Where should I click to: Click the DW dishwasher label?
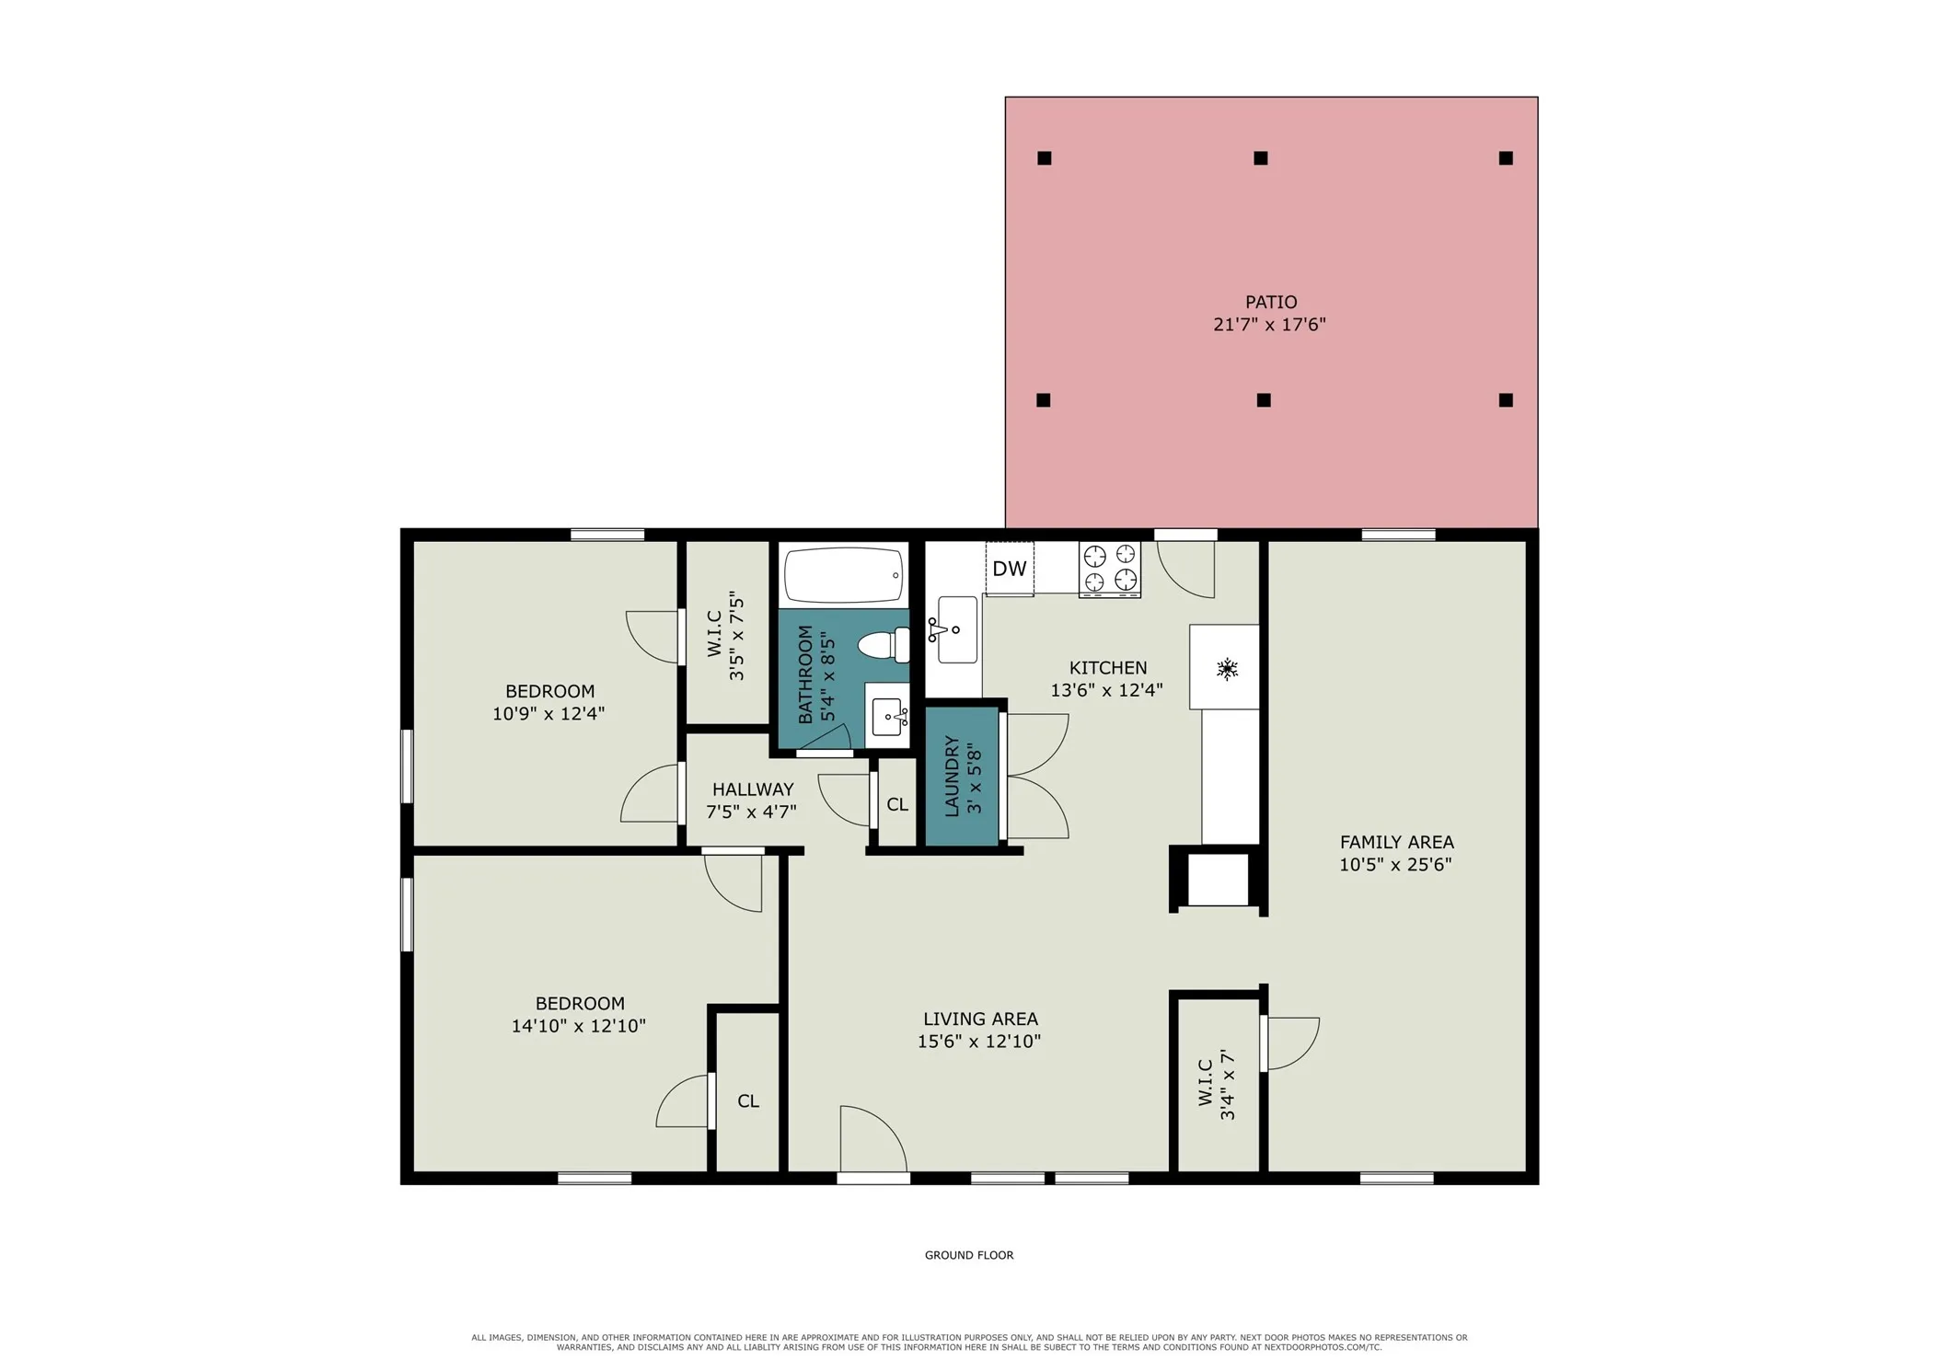1009,569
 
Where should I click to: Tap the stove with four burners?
1109,569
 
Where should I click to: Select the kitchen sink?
956,629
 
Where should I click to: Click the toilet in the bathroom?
884,645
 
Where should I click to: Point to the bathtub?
844,575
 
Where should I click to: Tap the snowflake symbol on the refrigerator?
1226,669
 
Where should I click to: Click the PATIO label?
1271,302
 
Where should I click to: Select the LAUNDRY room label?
952,776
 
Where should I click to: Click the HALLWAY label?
753,789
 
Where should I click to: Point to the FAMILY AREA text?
1396,842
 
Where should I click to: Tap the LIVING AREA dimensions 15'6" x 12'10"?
979,1042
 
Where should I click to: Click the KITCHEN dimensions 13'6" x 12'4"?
1106,690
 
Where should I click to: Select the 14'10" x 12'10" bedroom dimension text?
579,1026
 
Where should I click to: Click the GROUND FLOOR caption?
969,1255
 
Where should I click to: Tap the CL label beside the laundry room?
897,804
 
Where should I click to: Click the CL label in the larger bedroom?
748,1101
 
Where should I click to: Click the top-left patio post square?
1044,158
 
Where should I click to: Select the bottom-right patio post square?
1506,400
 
